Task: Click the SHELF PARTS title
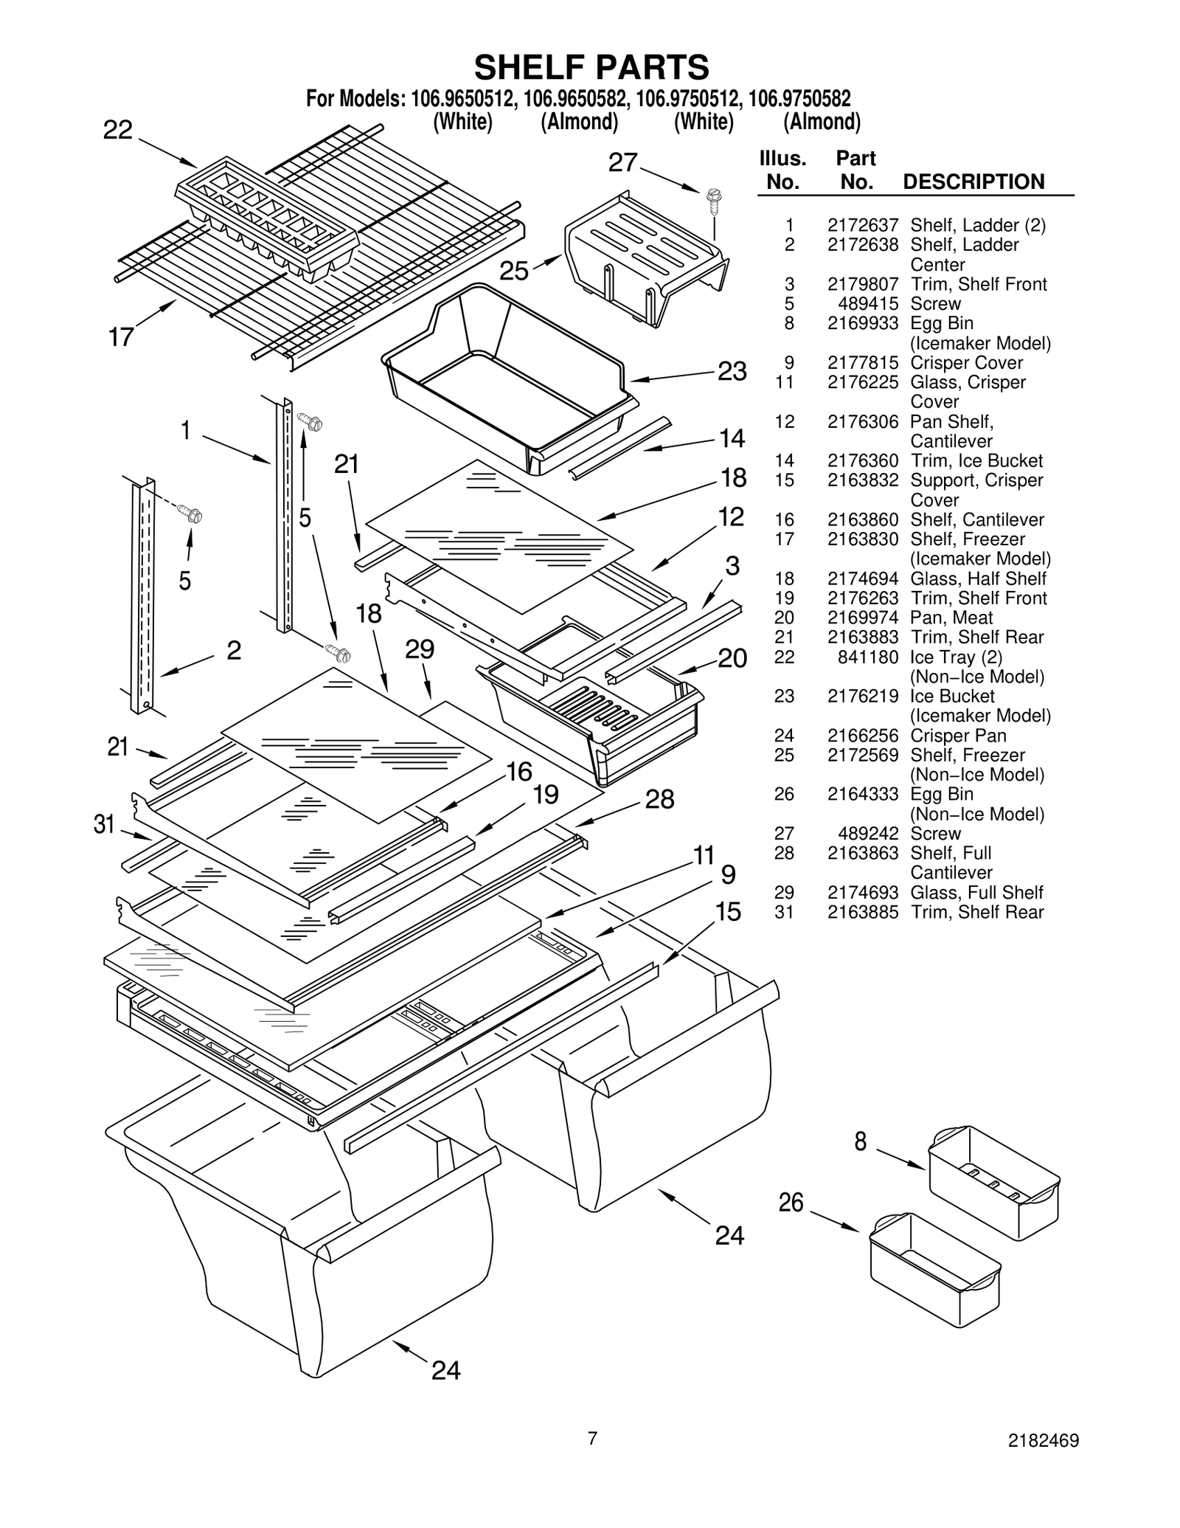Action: (x=591, y=67)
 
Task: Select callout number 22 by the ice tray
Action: (x=118, y=131)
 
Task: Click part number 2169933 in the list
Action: (x=862, y=323)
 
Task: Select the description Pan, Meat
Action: (x=951, y=618)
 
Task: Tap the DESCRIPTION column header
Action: (x=974, y=182)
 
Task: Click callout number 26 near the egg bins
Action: (x=791, y=1203)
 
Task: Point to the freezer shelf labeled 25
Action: (x=645, y=258)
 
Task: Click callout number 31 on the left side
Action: (x=105, y=824)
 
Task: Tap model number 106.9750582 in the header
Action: (x=799, y=98)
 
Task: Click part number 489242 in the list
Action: (x=868, y=833)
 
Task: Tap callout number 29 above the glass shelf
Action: (x=420, y=649)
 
